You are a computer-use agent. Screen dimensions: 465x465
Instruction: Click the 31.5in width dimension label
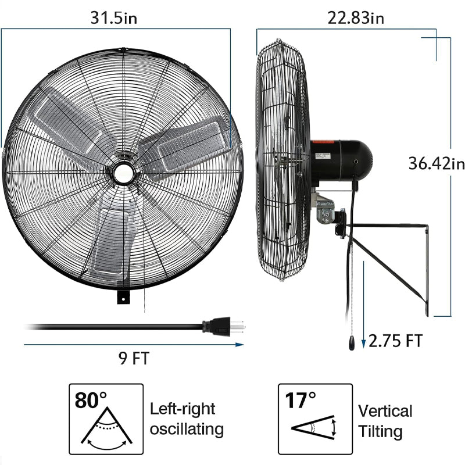coord(114,17)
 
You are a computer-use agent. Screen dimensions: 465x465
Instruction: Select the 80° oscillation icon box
coord(106,419)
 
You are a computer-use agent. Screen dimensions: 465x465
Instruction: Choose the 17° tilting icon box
coord(315,419)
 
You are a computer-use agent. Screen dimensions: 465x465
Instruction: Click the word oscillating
coord(187,430)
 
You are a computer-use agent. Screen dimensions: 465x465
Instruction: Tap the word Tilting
coord(380,431)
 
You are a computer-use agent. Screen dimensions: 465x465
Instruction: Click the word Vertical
coord(385,412)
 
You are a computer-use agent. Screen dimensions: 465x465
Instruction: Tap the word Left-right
coord(182,409)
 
